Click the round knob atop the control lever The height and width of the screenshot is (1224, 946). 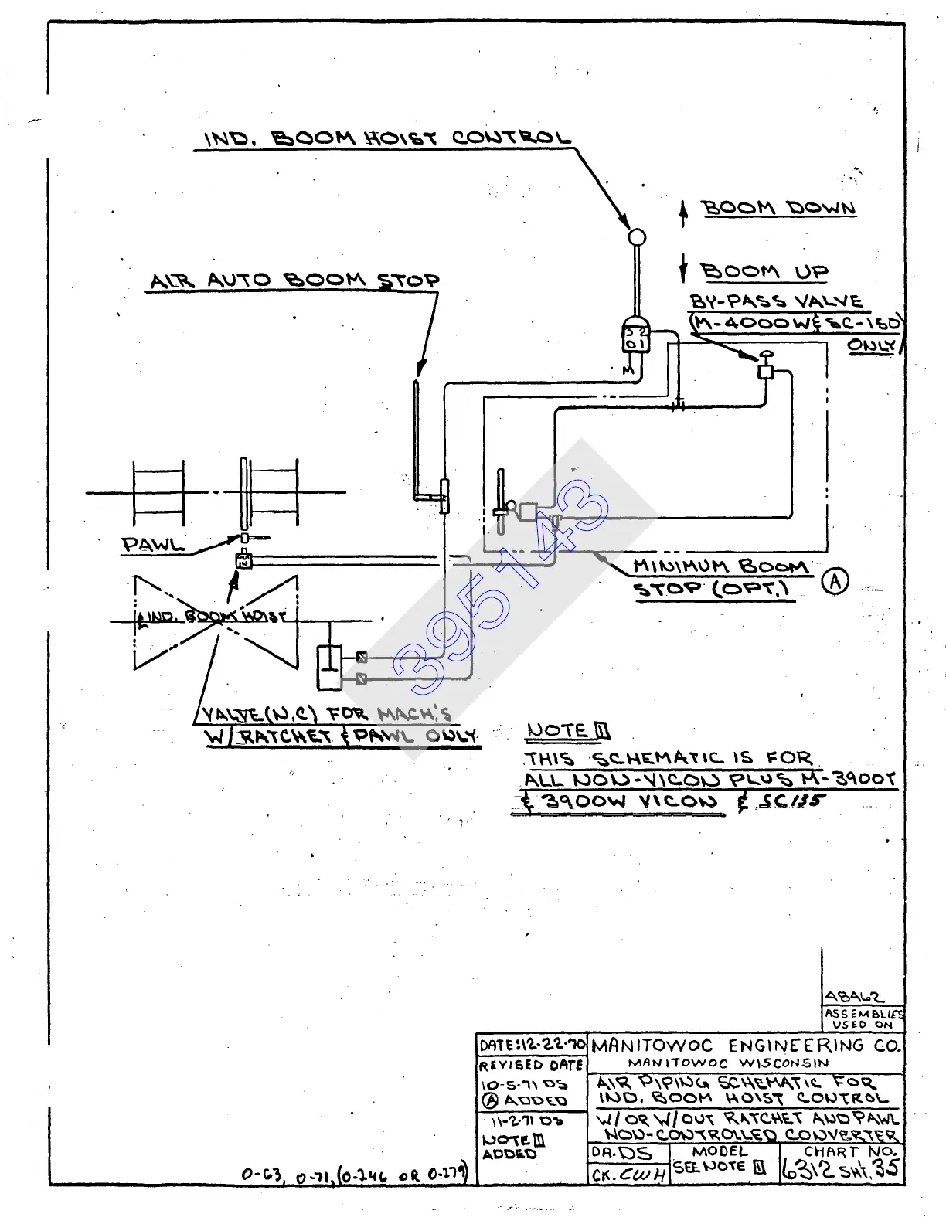[x=636, y=237]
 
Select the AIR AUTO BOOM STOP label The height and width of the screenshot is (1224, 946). [x=294, y=280]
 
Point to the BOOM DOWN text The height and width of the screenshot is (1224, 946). [x=778, y=208]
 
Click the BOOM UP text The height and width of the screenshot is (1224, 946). [x=764, y=272]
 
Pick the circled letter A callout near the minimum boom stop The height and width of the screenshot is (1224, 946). [x=835, y=581]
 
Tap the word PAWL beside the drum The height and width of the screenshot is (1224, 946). [x=153, y=544]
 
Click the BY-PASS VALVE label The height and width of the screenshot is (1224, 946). [x=776, y=301]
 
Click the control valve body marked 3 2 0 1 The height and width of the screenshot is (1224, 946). [x=635, y=337]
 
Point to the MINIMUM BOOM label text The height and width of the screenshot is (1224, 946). [x=720, y=566]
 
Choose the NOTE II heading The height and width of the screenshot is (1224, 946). [x=568, y=731]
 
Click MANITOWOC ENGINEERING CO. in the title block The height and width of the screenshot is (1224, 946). [x=746, y=1046]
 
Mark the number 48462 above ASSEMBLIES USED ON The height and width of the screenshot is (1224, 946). [x=853, y=997]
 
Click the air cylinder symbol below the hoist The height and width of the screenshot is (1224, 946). [x=329, y=666]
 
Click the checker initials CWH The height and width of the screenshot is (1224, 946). [x=641, y=1175]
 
